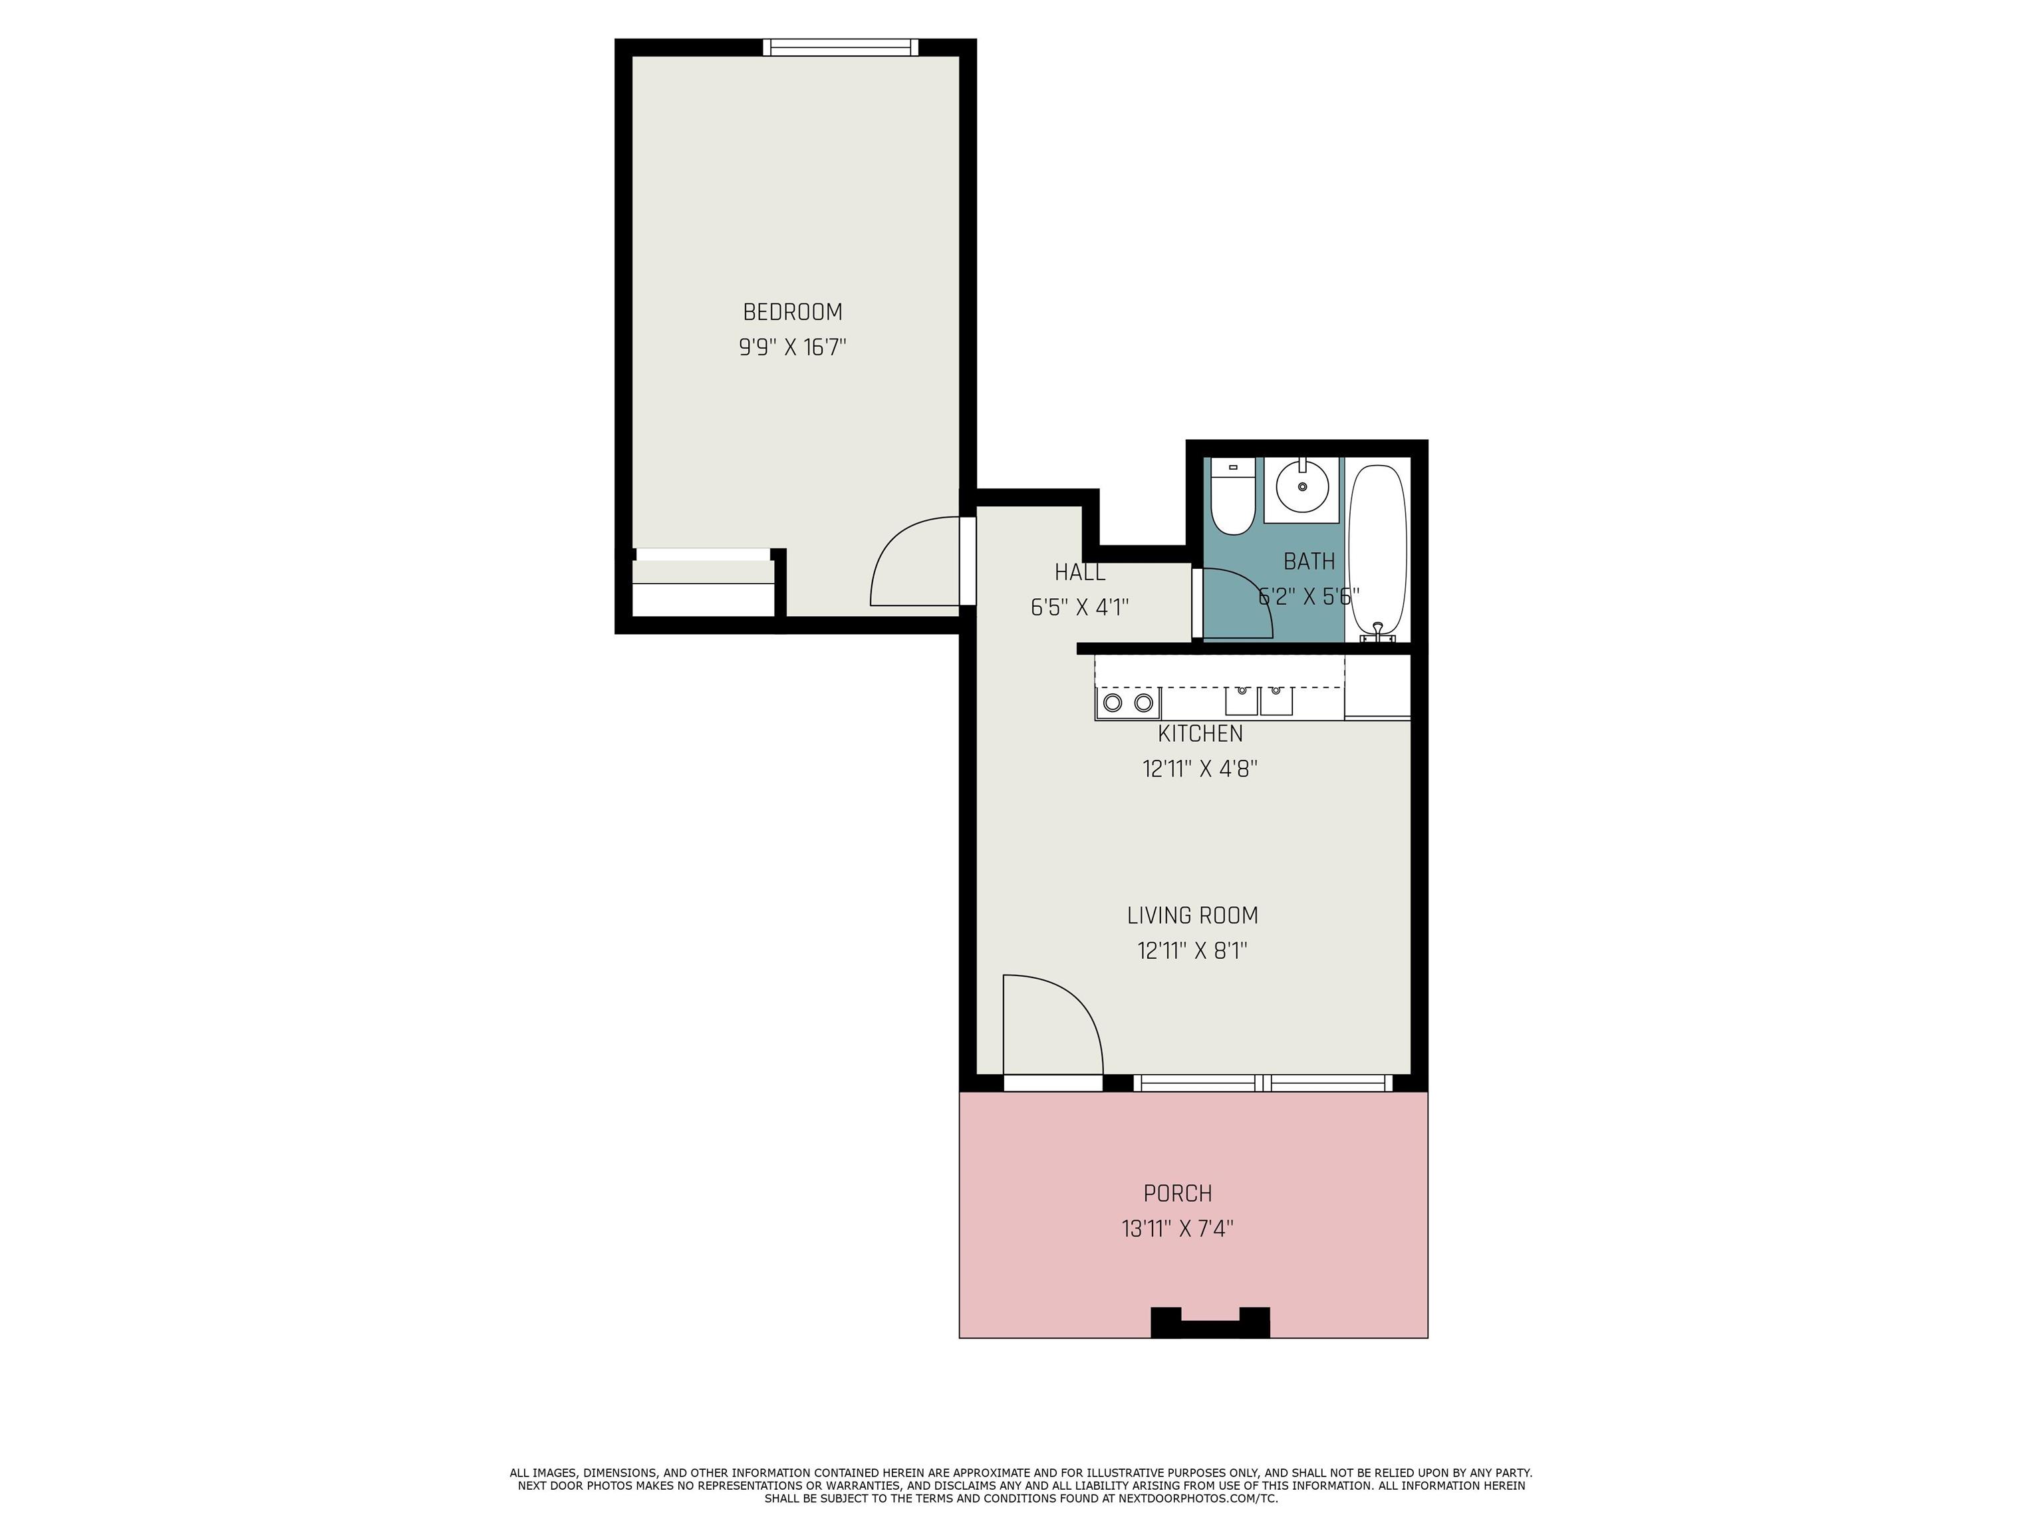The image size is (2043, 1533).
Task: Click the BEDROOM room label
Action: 793,311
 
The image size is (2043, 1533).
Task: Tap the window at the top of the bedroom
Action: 841,47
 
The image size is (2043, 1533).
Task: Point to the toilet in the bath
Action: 1231,499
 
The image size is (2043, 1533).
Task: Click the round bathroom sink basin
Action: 1302,486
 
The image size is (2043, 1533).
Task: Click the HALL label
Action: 1079,572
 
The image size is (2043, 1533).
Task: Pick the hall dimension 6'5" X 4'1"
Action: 1079,607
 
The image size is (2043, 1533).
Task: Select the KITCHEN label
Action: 1200,734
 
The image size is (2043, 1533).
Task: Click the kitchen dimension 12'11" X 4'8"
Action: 1200,768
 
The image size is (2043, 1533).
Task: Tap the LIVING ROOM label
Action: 1192,916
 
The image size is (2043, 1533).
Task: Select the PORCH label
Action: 1178,1194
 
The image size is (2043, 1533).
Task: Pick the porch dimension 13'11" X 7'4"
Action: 1178,1229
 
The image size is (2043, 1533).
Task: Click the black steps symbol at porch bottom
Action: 1210,1325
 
